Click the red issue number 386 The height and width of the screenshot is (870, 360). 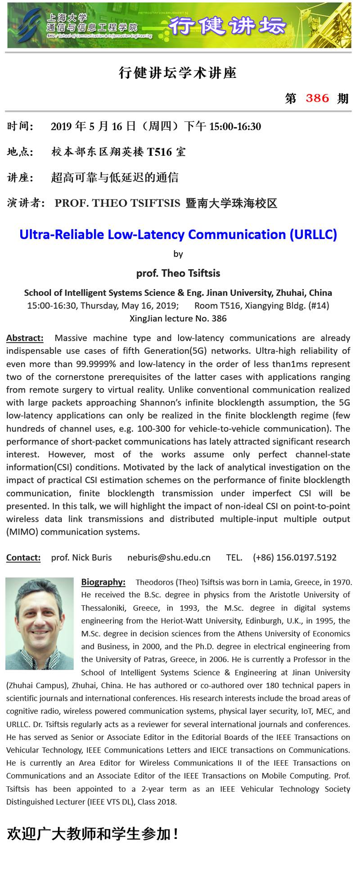(317, 98)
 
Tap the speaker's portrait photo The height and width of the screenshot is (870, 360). (40, 623)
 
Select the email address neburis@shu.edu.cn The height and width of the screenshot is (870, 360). (169, 557)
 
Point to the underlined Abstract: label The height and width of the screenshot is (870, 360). (25, 338)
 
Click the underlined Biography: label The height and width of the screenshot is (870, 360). (103, 582)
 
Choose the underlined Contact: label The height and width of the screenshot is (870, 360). (23, 557)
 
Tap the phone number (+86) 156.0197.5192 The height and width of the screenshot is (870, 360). (295, 557)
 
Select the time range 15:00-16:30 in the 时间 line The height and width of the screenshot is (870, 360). (235, 126)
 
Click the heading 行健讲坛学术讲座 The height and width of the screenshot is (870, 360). (178, 73)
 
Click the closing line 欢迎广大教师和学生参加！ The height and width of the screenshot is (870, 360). (93, 834)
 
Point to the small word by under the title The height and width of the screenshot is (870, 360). (178, 254)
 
